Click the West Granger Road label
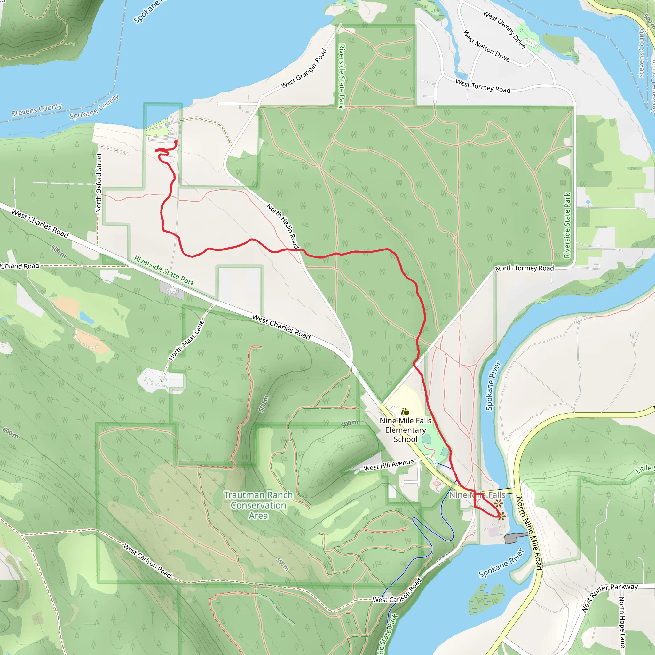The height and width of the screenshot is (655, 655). [x=304, y=69]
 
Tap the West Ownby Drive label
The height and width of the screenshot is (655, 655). [x=504, y=29]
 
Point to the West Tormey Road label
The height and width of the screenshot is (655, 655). [x=483, y=86]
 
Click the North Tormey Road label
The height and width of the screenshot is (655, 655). [x=525, y=268]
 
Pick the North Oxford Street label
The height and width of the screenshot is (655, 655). [x=99, y=183]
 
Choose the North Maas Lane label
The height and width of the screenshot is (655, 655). [x=187, y=340]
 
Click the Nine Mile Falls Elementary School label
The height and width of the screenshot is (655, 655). [x=406, y=430]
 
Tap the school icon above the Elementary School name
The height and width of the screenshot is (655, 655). [x=405, y=412]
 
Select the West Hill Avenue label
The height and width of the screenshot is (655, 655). [x=389, y=465]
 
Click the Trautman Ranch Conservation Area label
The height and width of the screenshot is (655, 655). [x=258, y=505]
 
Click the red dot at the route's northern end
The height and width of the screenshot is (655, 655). [x=176, y=141]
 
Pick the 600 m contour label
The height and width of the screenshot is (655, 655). [x=11, y=433]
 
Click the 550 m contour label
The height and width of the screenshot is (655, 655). [x=282, y=564]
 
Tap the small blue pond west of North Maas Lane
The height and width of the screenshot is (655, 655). [x=87, y=318]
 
